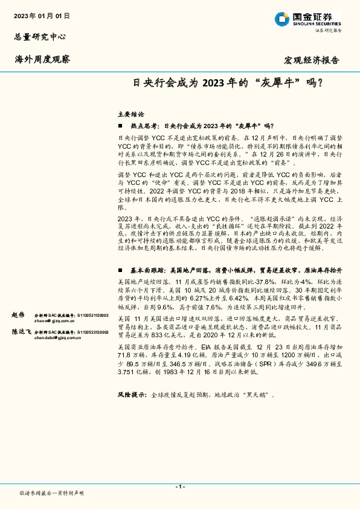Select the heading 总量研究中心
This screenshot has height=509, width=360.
39,37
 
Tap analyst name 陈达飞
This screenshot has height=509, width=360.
22,331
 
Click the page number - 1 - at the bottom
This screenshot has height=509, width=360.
179,487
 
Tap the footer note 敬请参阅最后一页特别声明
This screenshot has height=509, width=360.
52,493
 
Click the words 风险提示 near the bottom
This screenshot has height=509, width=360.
132,394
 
